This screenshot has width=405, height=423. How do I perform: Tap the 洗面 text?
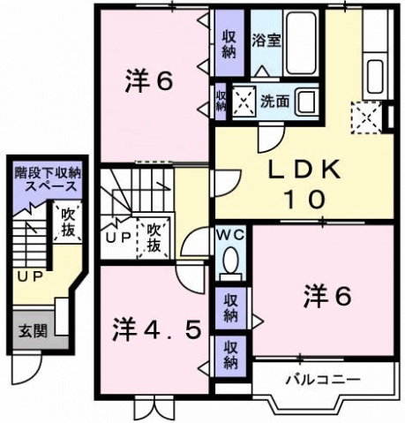click(274, 101)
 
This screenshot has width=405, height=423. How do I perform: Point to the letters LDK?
click(298, 170)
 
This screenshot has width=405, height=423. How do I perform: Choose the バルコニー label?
click(322, 381)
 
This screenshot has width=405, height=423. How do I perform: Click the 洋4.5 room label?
click(161, 331)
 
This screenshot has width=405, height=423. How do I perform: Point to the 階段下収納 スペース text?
click(45, 181)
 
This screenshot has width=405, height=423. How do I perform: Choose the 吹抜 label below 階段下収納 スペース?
click(65, 222)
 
